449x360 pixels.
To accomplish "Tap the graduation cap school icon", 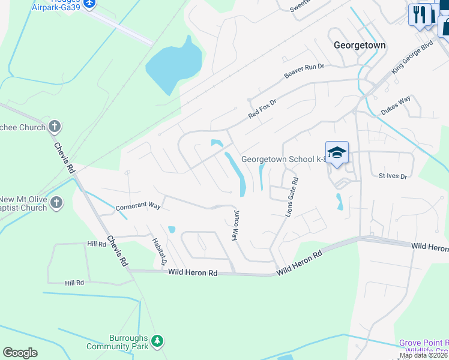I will pos(337,152).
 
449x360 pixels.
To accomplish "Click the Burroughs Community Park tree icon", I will pos(157,341).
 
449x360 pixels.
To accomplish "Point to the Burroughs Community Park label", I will pos(116,342).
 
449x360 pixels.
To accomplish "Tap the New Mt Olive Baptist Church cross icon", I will pos(56,202).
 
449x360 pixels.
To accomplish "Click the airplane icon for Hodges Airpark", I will pos(90,4).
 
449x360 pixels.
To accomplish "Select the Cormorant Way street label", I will pos(139,206).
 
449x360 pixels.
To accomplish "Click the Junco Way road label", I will pos(235,224).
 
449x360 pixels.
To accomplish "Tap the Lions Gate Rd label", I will pos(291,196).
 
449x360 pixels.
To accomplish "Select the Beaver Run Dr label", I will pos(304,70).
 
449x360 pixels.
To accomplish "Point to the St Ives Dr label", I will pos(393,176).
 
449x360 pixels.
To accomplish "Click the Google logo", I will pos(20,353).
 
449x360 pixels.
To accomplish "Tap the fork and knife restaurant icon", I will pos(419,14).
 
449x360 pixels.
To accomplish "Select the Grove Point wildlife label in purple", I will pos(424,346).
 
